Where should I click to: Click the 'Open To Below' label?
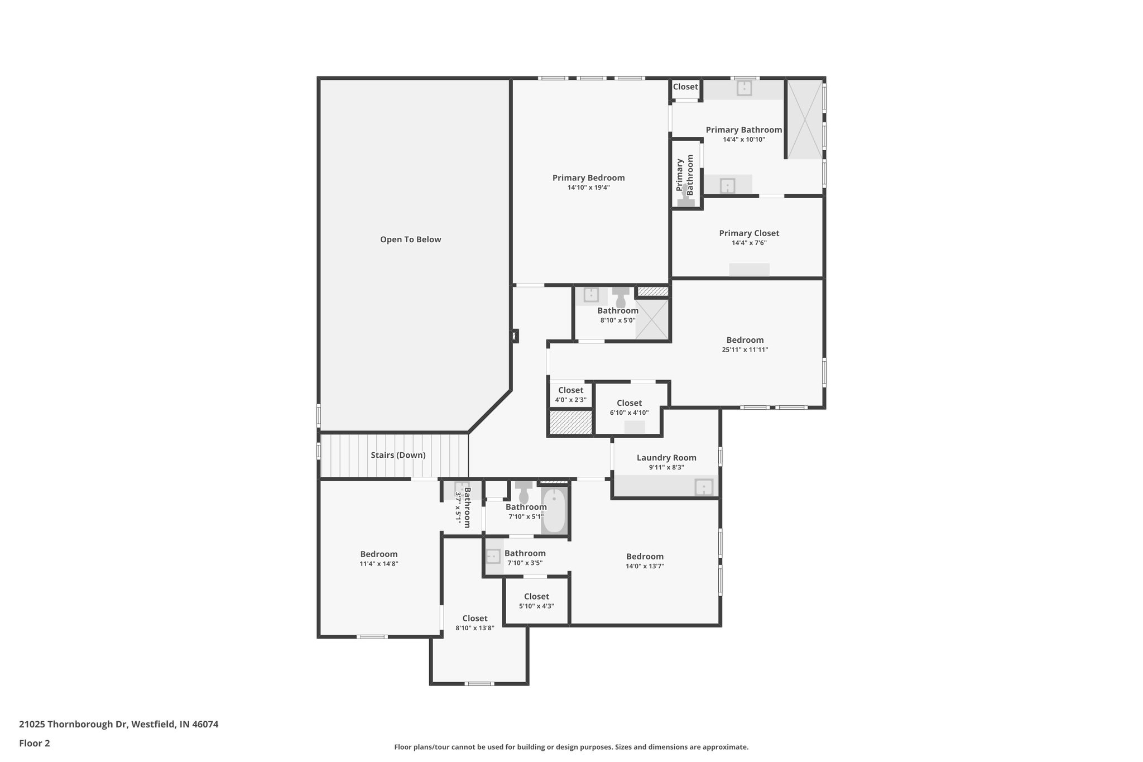click(410, 239)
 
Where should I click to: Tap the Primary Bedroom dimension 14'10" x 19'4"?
click(588, 188)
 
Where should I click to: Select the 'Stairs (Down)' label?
click(398, 455)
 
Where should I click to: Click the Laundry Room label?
click(666, 458)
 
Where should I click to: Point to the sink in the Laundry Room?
click(703, 487)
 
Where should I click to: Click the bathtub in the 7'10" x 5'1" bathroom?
click(554, 510)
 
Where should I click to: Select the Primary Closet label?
click(748, 233)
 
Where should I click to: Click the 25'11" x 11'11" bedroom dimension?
click(745, 350)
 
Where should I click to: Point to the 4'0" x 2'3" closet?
click(570, 394)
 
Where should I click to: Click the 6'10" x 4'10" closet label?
click(629, 403)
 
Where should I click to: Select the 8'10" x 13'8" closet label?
click(474, 619)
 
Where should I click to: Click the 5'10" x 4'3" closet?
click(536, 601)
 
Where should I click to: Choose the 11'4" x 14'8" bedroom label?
click(378, 554)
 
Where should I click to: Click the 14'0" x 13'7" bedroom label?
click(645, 557)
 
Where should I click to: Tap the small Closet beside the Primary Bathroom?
click(685, 87)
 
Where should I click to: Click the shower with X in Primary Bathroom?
click(804, 119)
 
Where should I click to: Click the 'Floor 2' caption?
click(35, 744)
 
